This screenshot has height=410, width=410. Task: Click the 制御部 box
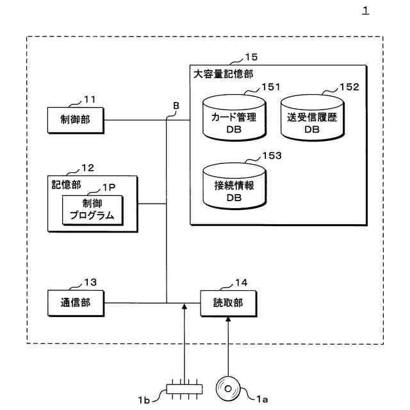tap(76, 120)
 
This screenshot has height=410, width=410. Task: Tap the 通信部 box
tap(76, 302)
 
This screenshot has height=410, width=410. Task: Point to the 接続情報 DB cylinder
tap(233, 186)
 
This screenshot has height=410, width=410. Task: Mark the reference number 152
tap(350, 87)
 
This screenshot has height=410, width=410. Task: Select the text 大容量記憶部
tap(223, 74)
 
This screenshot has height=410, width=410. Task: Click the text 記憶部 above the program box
tap(66, 184)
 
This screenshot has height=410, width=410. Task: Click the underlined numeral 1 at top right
tap(365, 11)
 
